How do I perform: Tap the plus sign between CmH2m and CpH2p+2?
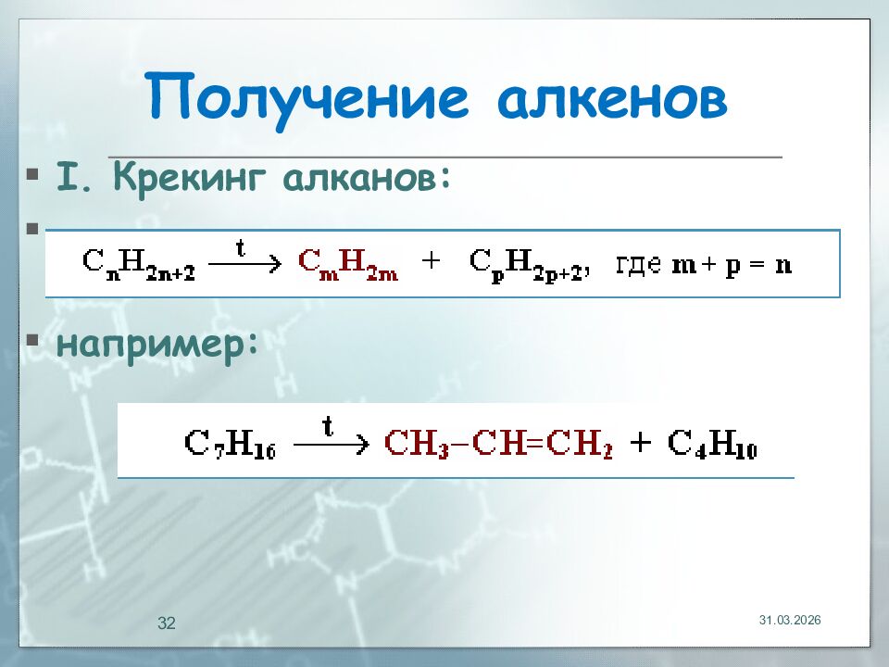431,262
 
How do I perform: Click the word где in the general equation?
638,263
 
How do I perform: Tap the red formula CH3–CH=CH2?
500,444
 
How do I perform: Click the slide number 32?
167,623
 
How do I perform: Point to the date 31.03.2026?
790,619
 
